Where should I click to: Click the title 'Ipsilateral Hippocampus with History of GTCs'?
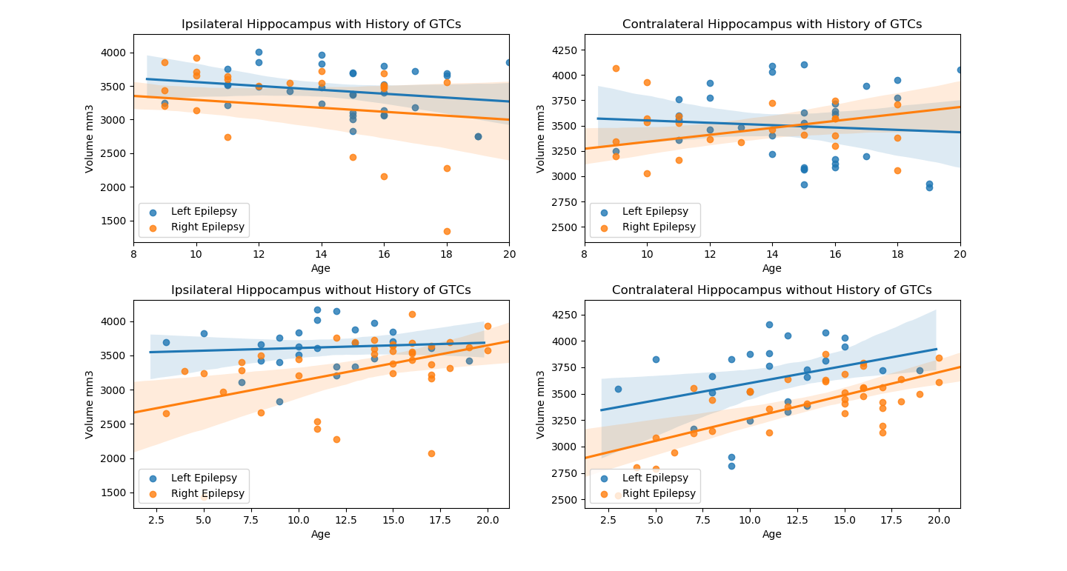(321, 24)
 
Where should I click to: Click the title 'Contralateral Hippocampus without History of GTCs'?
(771, 290)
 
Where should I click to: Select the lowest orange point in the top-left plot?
(447, 231)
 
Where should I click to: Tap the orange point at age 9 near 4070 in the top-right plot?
(616, 68)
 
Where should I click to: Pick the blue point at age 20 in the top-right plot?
(960, 70)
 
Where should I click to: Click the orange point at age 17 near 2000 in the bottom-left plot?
(431, 453)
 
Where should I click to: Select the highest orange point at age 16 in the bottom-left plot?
(412, 314)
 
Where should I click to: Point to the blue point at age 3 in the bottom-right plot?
(618, 389)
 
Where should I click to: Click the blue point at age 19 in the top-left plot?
(478, 136)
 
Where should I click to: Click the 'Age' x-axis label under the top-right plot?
(771, 268)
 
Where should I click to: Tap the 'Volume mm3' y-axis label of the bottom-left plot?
(90, 404)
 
